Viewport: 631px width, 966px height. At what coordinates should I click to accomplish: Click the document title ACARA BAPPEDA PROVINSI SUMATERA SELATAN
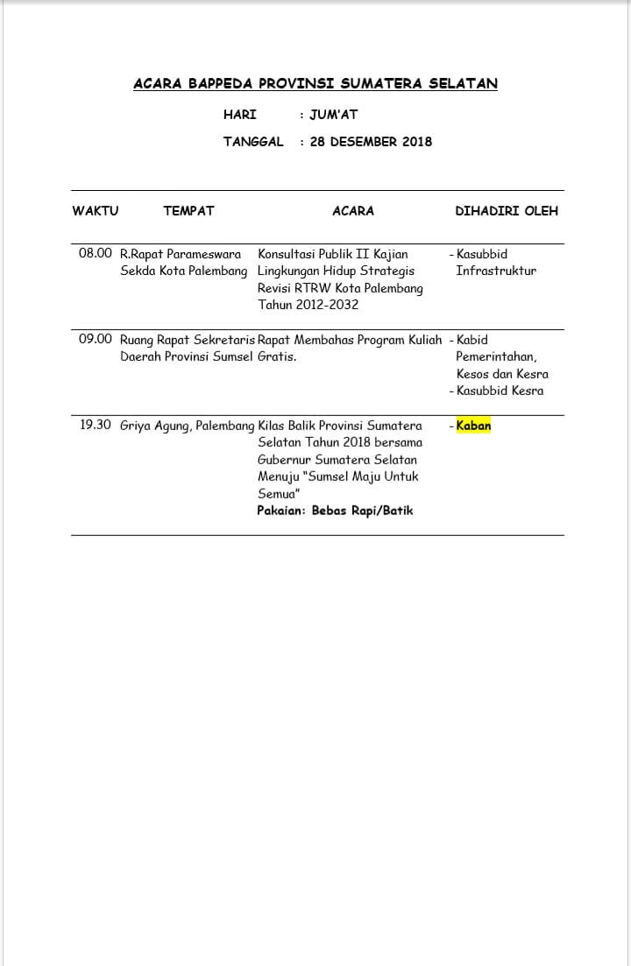[315, 84]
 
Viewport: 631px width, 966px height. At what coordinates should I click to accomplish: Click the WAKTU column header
[95, 211]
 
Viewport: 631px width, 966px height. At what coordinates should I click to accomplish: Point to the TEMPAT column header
[188, 211]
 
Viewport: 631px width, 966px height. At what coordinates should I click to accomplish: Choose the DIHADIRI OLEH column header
[507, 211]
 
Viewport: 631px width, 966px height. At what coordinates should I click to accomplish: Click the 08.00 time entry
[96, 254]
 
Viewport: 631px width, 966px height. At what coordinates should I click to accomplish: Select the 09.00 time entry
[96, 340]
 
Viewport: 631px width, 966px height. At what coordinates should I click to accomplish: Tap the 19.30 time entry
[96, 426]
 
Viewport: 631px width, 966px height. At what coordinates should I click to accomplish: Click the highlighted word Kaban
[474, 427]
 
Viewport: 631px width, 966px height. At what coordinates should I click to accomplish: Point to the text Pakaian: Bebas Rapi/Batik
[335, 511]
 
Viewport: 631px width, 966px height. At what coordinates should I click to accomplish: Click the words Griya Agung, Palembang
[188, 427]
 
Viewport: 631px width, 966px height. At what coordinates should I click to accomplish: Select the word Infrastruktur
[496, 271]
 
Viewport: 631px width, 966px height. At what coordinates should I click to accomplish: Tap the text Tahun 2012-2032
[308, 306]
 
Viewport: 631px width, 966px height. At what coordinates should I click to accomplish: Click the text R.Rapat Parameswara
[181, 255]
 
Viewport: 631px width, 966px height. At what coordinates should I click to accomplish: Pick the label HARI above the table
[240, 115]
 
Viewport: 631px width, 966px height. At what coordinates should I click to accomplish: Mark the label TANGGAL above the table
[253, 142]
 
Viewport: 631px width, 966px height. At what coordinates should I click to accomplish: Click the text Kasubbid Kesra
[500, 391]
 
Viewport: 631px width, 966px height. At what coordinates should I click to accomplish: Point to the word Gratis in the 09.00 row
[277, 357]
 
